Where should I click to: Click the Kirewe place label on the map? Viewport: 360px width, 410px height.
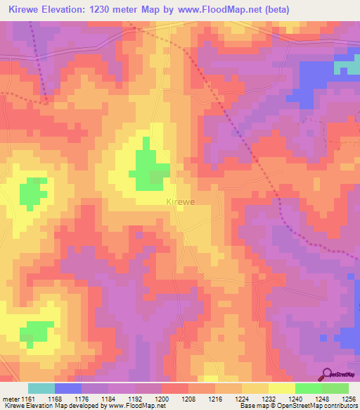(181, 201)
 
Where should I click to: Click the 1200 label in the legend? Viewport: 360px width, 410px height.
(161, 398)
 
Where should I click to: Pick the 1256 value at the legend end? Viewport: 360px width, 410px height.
(349, 398)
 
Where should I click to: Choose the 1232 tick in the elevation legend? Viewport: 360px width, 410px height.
(268, 398)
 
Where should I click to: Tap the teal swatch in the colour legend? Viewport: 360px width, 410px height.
(41, 388)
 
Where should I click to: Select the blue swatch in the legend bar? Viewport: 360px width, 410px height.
(67, 388)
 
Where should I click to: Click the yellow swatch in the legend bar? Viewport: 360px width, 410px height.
(281, 388)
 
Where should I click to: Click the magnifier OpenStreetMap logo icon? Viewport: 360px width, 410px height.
(327, 375)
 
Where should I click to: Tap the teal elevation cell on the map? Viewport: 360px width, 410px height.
(345, 67)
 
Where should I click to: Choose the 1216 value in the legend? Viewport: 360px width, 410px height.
(214, 398)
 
